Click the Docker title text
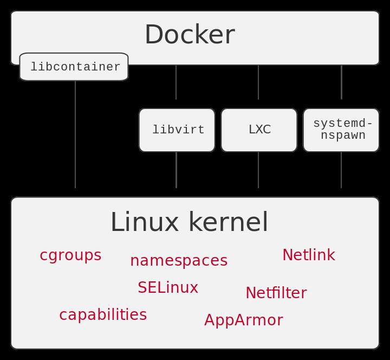coord(190,35)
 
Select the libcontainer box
coord(74,67)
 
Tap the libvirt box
coord(177,130)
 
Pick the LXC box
coord(259,130)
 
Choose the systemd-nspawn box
coord(341,130)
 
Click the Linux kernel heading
coord(190,222)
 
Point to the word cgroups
coord(70,255)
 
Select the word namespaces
coord(179,261)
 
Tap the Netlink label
coord(309,255)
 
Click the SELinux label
coord(168,288)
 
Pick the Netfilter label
coord(276,293)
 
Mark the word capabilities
coord(103,315)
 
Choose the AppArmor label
coord(244,320)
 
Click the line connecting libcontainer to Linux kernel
coord(75,136)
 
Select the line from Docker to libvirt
coord(176,82)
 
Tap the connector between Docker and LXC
coord(258,82)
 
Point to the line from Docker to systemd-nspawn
coord(341,82)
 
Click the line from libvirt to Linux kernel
coord(176,170)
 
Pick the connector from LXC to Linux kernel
coord(258,170)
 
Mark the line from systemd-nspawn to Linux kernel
coord(341,170)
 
